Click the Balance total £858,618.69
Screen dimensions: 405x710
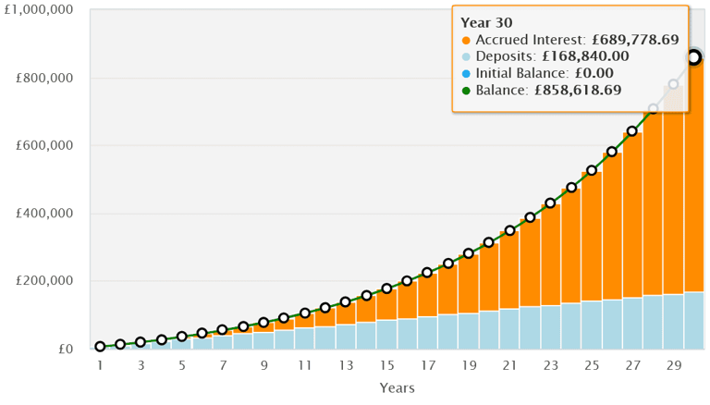(574, 91)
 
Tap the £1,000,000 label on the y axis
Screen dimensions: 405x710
(40, 10)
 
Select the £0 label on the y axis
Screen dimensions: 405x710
(66, 349)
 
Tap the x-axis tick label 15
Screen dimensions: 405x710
(386, 365)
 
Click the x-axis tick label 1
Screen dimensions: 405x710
(100, 365)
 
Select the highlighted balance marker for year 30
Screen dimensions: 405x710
(693, 57)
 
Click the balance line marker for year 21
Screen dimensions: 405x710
(509, 230)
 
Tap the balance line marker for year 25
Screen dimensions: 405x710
(592, 171)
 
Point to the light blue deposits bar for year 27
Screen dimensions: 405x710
(632, 323)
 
